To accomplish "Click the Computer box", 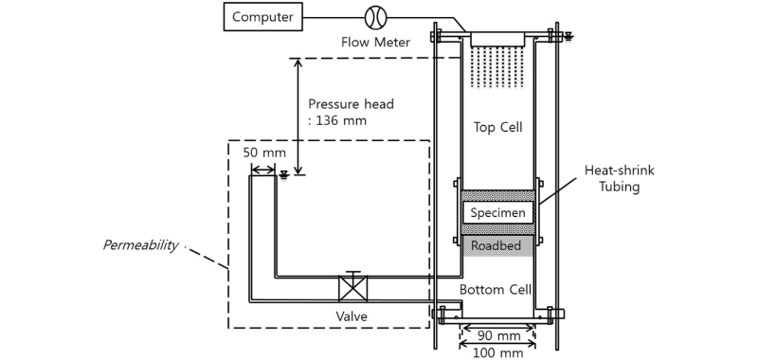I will (262, 16).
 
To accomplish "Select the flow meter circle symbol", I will (375, 16).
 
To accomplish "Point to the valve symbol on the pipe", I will (352, 288).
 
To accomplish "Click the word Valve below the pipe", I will (352, 315).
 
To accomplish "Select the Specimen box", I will (497, 213).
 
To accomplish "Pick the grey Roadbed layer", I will (497, 244).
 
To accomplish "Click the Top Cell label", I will (497, 126).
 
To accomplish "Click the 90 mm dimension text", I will (497, 335).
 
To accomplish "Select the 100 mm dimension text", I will (497, 352).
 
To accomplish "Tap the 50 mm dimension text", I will (262, 152).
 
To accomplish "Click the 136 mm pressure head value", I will (335, 120).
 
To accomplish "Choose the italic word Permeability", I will (140, 245).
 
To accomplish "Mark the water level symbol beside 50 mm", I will (283, 173).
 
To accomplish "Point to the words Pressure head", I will (351, 103).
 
